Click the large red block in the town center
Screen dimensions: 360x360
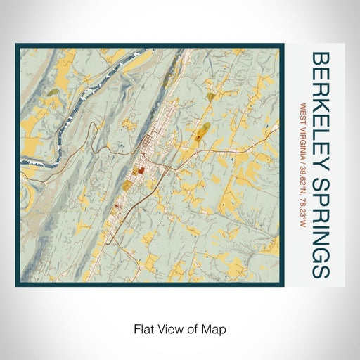[x=140, y=170]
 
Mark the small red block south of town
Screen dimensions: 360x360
[x=116, y=207]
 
